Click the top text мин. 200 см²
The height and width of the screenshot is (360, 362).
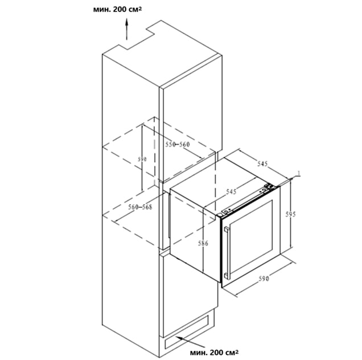(117, 10)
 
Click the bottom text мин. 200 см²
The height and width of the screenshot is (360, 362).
(214, 353)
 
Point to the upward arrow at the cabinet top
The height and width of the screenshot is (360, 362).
(126, 30)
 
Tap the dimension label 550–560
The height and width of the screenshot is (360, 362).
(178, 145)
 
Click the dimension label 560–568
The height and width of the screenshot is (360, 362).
(141, 207)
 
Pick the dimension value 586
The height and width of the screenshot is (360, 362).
(203, 243)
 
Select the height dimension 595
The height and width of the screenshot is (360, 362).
(290, 214)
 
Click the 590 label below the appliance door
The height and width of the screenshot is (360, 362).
(264, 279)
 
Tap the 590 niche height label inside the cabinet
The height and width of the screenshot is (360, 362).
(142, 159)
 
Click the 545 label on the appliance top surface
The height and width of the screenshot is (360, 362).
(231, 191)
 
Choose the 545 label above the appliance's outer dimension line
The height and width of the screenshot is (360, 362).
(262, 163)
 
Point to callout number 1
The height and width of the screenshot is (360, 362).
(299, 173)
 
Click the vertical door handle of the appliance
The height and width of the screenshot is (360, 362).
(227, 252)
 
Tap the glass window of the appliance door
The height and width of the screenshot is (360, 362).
(252, 236)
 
